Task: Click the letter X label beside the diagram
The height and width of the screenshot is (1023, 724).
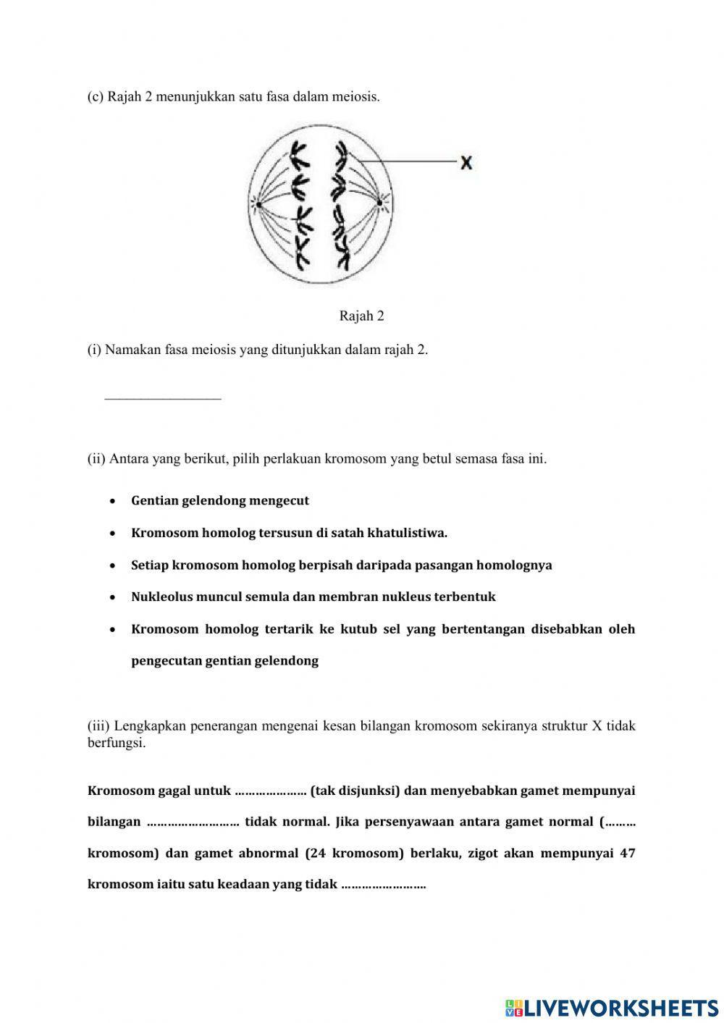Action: (466, 164)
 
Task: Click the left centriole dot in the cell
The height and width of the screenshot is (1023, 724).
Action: (257, 206)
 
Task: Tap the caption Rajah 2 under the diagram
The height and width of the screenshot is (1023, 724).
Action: (361, 316)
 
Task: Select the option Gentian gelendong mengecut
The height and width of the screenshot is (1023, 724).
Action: (220, 501)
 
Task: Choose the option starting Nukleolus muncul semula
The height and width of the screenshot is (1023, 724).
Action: (313, 597)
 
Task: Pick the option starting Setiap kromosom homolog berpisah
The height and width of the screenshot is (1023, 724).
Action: (341, 565)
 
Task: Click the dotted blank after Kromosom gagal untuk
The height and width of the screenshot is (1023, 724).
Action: (271, 791)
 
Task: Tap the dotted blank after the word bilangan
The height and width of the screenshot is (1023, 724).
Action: (193, 822)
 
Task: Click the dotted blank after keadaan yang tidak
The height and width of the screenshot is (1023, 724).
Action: (383, 885)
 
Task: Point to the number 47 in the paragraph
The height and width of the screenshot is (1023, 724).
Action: (627, 853)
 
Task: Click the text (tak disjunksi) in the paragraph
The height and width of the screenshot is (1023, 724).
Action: (355, 791)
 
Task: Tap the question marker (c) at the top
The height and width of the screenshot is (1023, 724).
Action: (96, 97)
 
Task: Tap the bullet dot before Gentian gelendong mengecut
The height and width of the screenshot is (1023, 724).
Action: (113, 501)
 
